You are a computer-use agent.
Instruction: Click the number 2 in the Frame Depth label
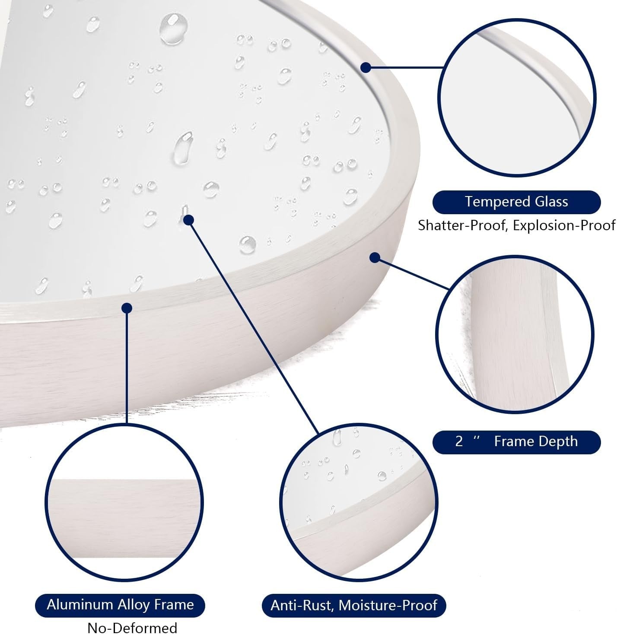tap(458, 441)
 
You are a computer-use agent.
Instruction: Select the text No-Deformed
tap(132, 628)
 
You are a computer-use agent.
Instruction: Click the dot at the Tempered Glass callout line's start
tap(366, 68)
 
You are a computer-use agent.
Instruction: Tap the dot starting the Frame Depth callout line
tap(375, 258)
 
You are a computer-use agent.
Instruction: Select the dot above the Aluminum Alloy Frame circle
tap(127, 308)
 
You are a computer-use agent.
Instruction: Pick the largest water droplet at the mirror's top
tap(173, 29)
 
